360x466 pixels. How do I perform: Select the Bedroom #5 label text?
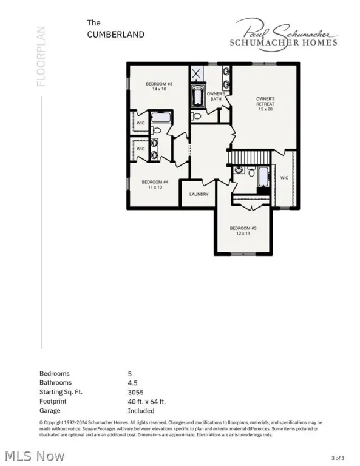[240, 231]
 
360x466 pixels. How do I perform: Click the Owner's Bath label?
[216, 96]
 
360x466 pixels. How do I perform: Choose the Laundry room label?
[199, 194]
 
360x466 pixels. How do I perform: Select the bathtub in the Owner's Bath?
[198, 96]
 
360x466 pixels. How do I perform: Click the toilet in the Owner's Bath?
[196, 115]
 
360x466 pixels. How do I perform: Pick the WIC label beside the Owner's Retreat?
[284, 178]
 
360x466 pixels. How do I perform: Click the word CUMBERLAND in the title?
[116, 35]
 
